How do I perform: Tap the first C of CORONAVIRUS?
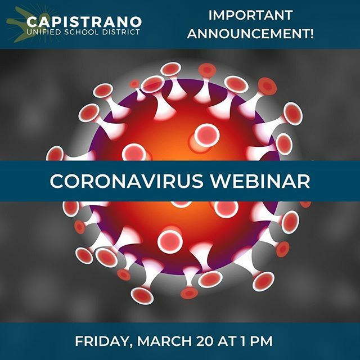(x=56, y=181)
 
